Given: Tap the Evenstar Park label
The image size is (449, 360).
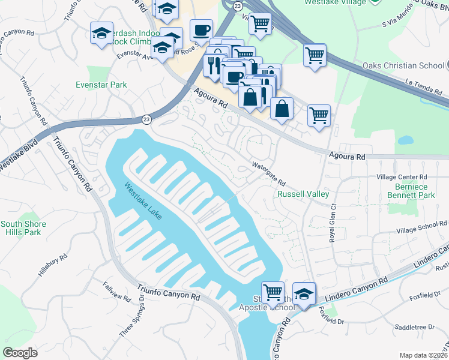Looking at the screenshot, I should pos(101,85).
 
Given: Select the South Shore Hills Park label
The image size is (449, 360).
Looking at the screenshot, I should pos(23,228).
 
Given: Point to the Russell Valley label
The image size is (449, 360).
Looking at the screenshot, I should pos(303,194).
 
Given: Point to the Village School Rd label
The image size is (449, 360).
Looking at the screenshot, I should pos(422,229).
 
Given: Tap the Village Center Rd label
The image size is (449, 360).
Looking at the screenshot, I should pos(401,178).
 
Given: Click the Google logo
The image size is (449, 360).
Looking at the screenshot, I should pos(20,353).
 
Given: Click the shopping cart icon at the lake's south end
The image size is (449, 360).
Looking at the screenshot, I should pos(273,293).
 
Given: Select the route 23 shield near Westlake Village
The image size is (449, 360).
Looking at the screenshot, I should pos(238,5).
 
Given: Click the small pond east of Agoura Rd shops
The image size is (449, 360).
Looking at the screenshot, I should pos(405,141).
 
